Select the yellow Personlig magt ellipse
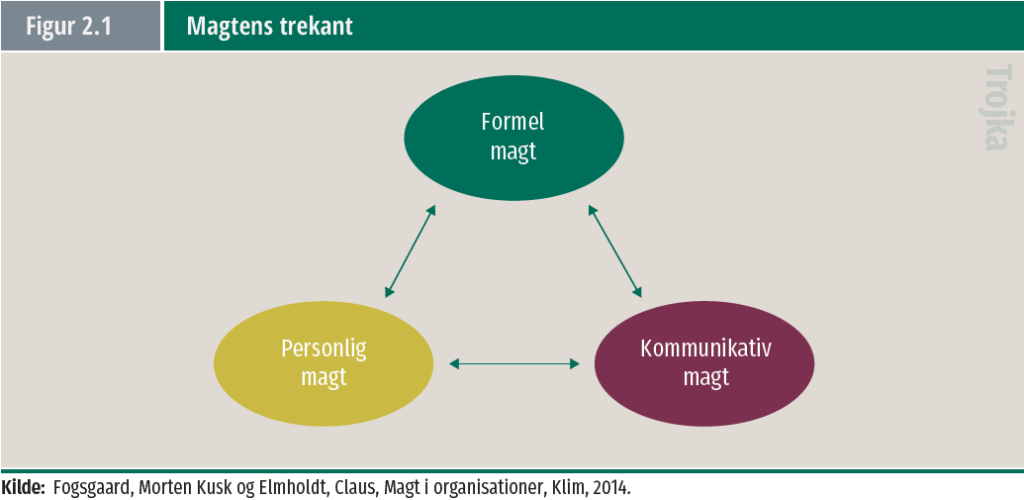(x=324, y=362)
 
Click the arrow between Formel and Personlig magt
(x=411, y=252)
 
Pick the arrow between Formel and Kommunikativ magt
(x=614, y=252)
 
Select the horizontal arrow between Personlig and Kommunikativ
(x=515, y=363)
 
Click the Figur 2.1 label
(x=69, y=26)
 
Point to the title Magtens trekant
(x=270, y=26)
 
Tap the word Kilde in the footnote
(x=23, y=487)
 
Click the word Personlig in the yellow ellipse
(x=323, y=349)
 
